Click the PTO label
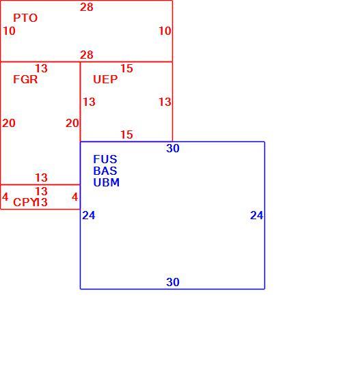point(25,18)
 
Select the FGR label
point(25,79)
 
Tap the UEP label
point(105,79)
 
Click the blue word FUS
point(105,159)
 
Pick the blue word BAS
point(105,171)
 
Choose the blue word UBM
point(107,182)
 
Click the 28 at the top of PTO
point(87,7)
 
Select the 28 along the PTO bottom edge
point(87,55)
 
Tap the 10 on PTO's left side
point(9,31)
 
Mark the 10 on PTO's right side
point(165,31)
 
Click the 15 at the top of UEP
point(126,68)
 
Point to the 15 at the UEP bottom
point(126,135)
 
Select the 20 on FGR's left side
point(9,123)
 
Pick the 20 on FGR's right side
point(72,123)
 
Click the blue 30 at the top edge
point(173,148)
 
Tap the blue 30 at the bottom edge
point(173,282)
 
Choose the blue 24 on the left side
point(89,216)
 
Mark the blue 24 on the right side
point(257,216)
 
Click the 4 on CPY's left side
point(5,197)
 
